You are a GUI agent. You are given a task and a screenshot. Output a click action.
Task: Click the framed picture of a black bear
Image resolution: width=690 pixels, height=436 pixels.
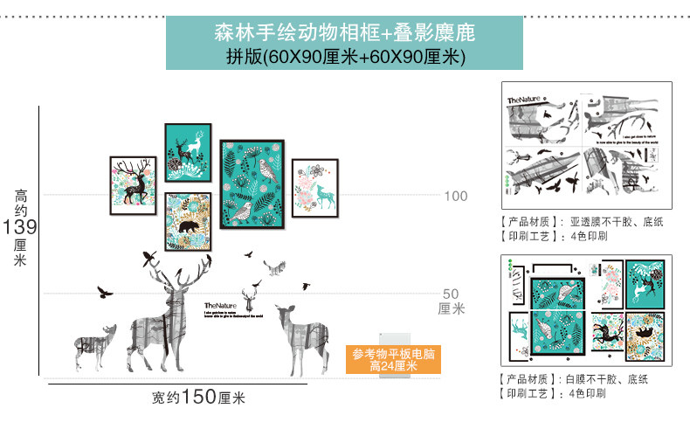coord(187,221)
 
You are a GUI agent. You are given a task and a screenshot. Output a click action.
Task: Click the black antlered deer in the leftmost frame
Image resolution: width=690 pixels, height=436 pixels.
coord(133,184)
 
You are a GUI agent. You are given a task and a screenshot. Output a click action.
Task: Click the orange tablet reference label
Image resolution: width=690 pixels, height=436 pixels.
coord(393,361)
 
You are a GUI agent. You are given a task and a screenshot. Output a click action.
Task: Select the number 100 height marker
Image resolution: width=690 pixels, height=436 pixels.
coord(455,196)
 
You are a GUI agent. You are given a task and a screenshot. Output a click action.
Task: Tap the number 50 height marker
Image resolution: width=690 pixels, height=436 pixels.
coord(451,294)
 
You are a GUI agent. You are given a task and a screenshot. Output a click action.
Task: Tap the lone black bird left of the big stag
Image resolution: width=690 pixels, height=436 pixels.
coord(106,292)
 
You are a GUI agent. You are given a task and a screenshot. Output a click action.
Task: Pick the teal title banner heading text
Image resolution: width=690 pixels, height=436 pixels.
coord(344,34)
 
